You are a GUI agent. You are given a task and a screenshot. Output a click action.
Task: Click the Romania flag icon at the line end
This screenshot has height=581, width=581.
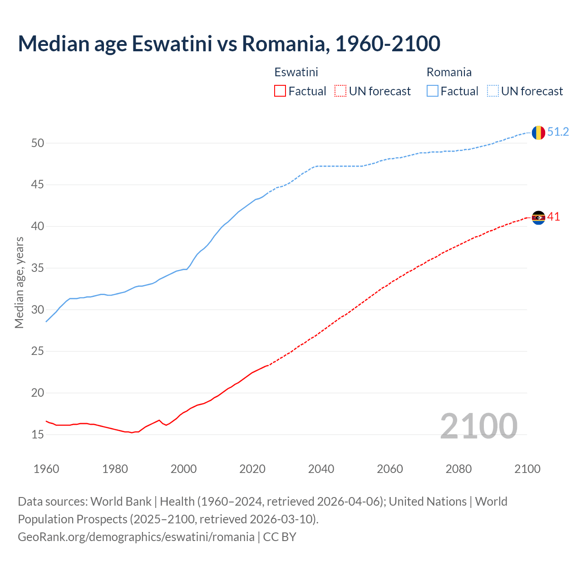pyautogui.click(x=538, y=133)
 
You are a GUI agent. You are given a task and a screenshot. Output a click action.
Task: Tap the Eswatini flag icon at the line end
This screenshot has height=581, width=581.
pyautogui.click(x=538, y=218)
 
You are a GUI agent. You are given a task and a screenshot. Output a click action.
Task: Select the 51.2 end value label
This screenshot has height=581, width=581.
pyautogui.click(x=558, y=132)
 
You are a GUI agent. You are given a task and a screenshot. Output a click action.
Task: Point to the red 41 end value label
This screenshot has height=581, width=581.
pyautogui.click(x=553, y=217)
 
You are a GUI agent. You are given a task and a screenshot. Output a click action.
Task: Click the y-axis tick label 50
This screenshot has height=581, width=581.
pyautogui.click(x=38, y=143)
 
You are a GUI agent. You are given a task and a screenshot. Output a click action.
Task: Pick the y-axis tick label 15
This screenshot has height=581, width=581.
pyautogui.click(x=38, y=435)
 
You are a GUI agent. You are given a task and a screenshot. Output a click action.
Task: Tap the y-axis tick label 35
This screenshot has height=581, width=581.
pyautogui.click(x=38, y=268)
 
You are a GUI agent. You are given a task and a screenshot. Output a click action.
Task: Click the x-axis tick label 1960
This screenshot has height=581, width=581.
pyautogui.click(x=46, y=469)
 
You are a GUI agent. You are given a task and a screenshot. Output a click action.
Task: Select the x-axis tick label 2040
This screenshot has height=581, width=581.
pyautogui.click(x=321, y=469)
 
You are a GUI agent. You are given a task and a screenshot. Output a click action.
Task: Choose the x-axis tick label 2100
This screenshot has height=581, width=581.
pyautogui.click(x=527, y=469)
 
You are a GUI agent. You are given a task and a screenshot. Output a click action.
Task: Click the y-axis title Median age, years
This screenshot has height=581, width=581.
pyautogui.click(x=19, y=282)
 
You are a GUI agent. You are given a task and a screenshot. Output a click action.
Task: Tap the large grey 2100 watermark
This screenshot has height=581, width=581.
pyautogui.click(x=478, y=426)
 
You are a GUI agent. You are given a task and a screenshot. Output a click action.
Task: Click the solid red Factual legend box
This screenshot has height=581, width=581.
pyautogui.click(x=280, y=91)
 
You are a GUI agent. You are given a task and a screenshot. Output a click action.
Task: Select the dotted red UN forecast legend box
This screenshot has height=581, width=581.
pyautogui.click(x=340, y=91)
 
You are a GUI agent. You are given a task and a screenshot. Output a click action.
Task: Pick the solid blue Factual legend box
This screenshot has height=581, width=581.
pyautogui.click(x=433, y=91)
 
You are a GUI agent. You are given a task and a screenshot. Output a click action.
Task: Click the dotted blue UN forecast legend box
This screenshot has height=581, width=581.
pyautogui.click(x=493, y=91)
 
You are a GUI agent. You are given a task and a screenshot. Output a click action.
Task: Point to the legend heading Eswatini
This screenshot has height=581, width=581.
pyautogui.click(x=296, y=72)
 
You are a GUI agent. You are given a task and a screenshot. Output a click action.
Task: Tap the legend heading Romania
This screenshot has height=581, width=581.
pyautogui.click(x=449, y=72)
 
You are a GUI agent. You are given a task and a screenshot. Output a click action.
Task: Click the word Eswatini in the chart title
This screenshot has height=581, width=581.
pyautogui.click(x=172, y=44)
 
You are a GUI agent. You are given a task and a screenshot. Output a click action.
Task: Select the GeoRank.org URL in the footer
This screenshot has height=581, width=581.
pyautogui.click(x=136, y=537)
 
